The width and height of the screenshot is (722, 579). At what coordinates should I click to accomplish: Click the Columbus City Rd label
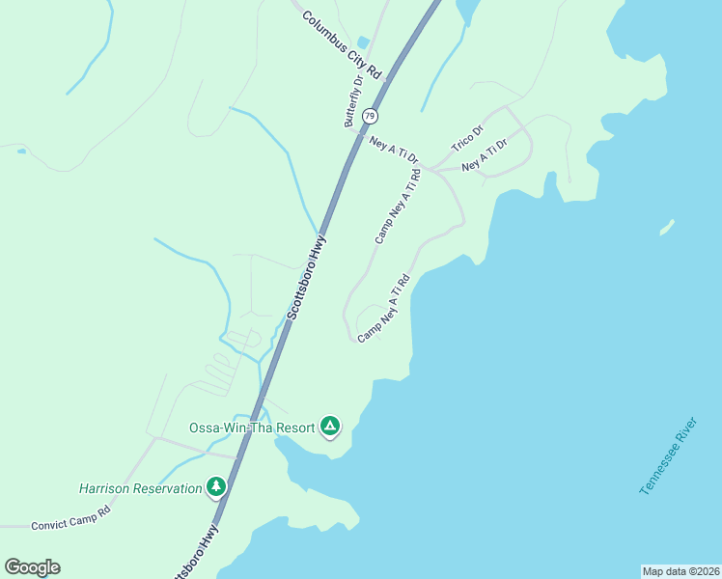point(342,44)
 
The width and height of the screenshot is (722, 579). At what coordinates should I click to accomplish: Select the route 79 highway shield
point(370,116)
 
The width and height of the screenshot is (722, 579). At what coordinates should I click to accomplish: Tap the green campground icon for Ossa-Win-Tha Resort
point(330,426)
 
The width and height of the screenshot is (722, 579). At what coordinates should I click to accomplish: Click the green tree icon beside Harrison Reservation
point(217,487)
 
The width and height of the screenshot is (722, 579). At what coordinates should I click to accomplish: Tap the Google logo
point(32,567)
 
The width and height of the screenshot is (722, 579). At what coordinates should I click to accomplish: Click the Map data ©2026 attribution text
point(680,570)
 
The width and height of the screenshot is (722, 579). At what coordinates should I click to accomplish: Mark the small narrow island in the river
point(666,228)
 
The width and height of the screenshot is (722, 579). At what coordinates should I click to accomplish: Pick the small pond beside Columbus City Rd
point(364,42)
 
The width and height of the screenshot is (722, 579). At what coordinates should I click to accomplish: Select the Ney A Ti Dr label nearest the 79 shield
point(395,149)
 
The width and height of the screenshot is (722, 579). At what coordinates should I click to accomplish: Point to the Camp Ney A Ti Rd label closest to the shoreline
point(384,308)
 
